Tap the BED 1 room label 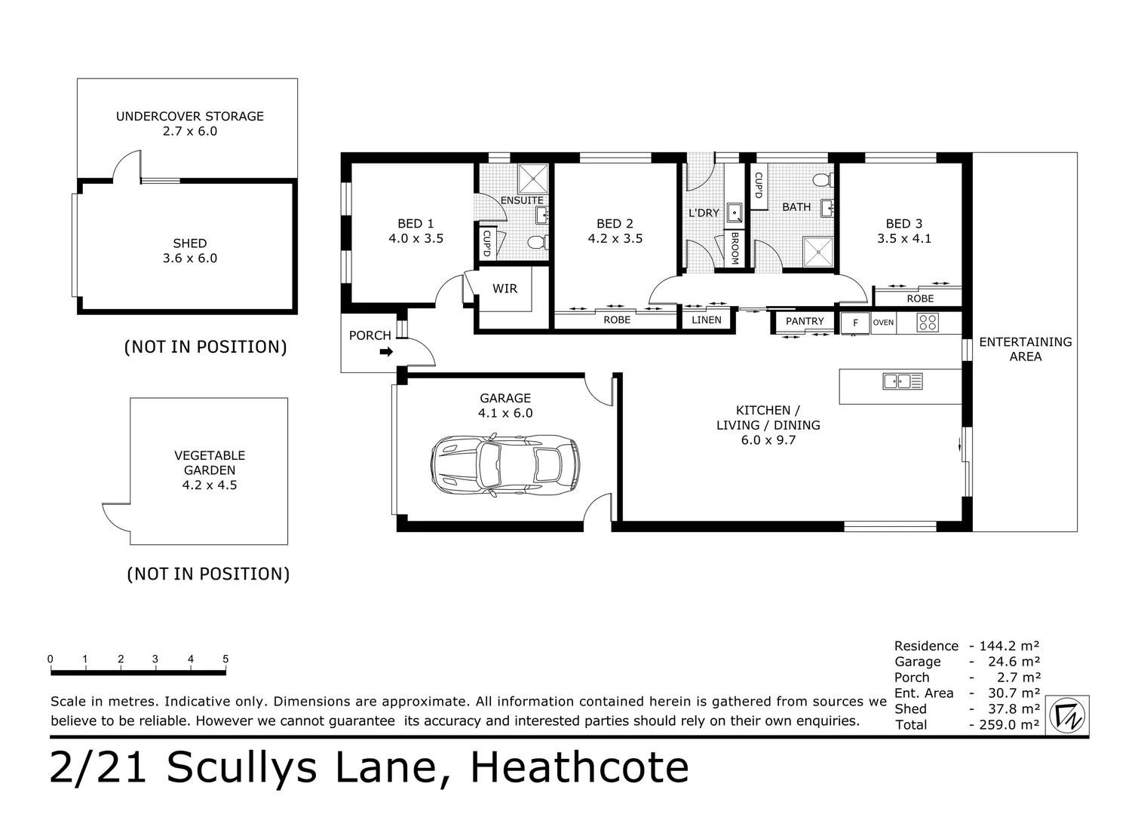coord(416,224)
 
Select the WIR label coord(505,289)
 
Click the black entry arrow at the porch coord(386,351)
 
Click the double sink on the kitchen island coord(903,381)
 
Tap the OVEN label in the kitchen coord(883,323)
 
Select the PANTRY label coord(805,321)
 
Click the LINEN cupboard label coord(707,320)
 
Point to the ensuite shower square coord(534,179)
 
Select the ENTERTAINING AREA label coord(1025,349)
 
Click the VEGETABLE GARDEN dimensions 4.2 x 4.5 coord(210,485)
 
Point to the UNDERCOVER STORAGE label coord(189,116)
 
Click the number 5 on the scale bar coord(225,659)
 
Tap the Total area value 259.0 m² coord(1005,725)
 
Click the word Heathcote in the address coord(579,768)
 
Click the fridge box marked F coord(854,323)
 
